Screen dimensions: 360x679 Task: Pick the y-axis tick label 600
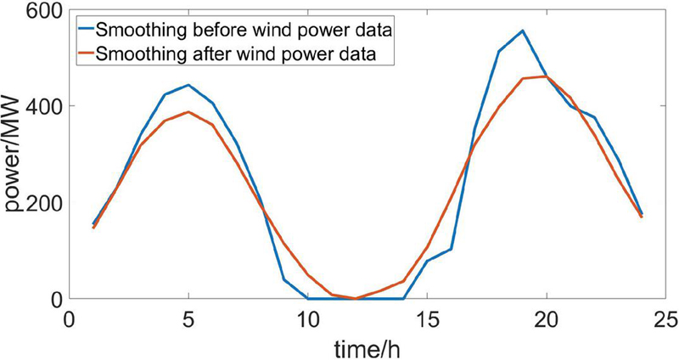pyautogui.click(x=44, y=10)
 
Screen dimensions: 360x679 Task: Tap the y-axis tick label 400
pyautogui.click(x=44, y=106)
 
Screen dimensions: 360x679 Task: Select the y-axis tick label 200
pyautogui.click(x=44, y=203)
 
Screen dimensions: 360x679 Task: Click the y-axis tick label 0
pyautogui.click(x=55, y=299)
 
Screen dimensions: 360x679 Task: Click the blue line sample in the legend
pyautogui.click(x=85, y=31)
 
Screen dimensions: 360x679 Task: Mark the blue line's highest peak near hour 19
pyautogui.click(x=523, y=31)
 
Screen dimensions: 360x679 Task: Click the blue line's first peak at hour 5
pyautogui.click(x=188, y=85)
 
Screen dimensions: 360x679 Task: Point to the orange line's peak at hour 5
pyautogui.click(x=188, y=112)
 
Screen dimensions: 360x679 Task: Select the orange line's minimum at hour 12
pyautogui.click(x=356, y=299)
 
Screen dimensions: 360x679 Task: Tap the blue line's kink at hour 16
pyautogui.click(x=451, y=249)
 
